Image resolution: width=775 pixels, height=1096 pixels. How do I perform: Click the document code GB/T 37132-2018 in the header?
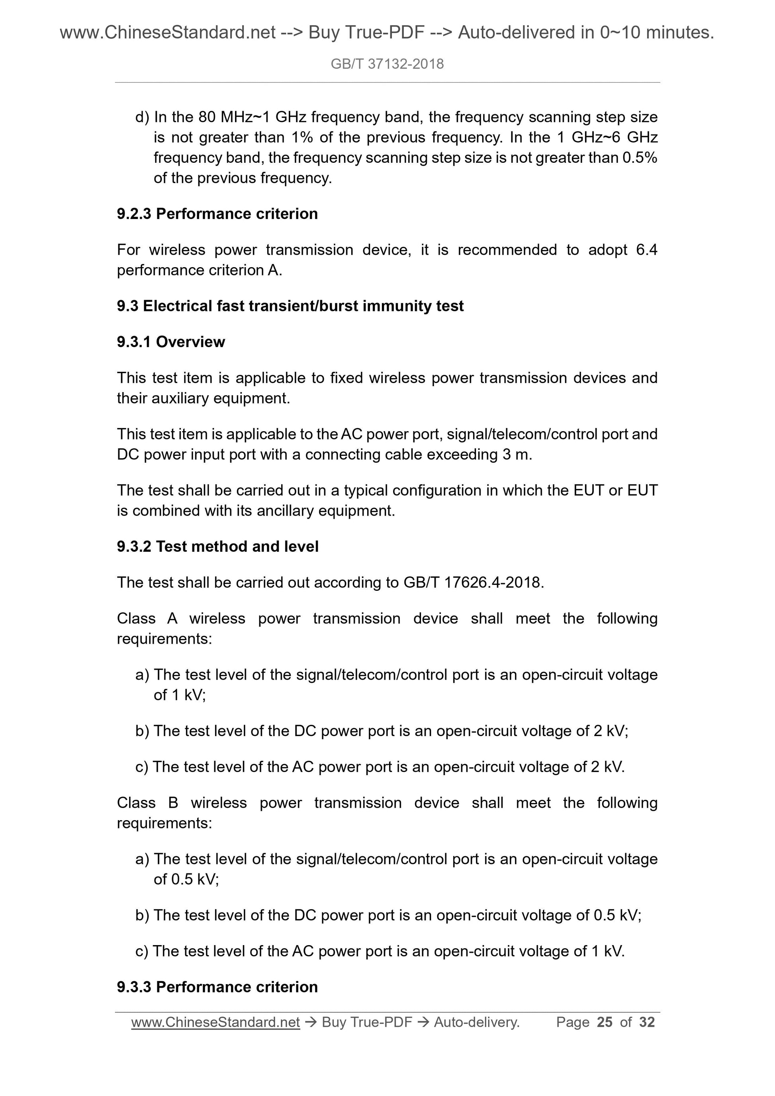(x=387, y=64)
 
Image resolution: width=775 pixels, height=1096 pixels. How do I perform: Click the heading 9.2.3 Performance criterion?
(x=217, y=214)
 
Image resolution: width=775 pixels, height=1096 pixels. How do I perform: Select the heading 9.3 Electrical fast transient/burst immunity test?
(x=290, y=306)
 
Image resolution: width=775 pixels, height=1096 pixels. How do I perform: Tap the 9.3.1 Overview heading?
(x=170, y=342)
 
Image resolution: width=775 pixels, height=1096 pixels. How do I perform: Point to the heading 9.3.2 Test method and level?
(x=217, y=547)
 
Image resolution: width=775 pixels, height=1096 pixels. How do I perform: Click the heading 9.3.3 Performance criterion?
(x=217, y=987)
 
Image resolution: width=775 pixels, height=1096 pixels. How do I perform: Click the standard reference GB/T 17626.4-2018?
(x=472, y=582)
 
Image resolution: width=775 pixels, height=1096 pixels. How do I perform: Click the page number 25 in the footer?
(x=605, y=1022)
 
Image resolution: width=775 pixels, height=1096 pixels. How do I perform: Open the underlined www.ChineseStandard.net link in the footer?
(x=215, y=1022)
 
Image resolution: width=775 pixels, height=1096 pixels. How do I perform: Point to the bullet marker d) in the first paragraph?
(x=142, y=117)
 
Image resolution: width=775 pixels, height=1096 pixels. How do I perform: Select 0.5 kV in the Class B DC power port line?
(x=616, y=915)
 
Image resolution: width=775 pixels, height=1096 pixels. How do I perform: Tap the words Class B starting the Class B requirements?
(x=147, y=803)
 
